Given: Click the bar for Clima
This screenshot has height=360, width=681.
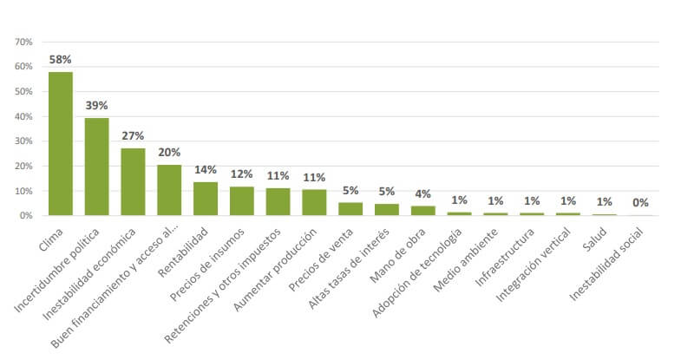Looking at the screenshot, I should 61,143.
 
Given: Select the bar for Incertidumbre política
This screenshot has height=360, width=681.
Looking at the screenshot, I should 96,167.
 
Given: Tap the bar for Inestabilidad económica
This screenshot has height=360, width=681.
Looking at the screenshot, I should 133,181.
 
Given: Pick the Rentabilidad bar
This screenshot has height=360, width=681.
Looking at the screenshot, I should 206,198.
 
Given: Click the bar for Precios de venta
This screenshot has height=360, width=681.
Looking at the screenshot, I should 350,208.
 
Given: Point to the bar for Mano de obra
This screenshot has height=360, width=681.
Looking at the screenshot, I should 423,210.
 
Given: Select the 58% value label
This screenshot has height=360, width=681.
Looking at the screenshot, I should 61,60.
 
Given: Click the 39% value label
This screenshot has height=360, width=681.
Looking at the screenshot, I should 96,106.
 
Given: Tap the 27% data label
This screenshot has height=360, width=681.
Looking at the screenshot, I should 133,136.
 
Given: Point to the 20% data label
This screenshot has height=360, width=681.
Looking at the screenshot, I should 169,153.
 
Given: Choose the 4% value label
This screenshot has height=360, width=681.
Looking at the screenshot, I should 423,193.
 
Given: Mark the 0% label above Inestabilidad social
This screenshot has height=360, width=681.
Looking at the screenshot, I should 640,203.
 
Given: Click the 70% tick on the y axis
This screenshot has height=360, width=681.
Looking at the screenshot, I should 23,42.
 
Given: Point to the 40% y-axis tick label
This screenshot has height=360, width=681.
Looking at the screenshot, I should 23,116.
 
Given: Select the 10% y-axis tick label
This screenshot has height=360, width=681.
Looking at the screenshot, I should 23,190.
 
